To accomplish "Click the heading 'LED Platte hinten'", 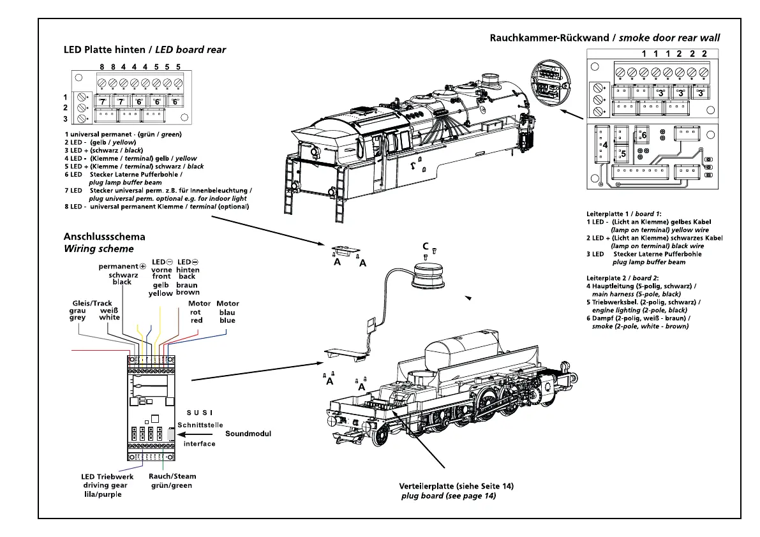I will coord(108,50).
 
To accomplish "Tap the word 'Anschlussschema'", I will coord(104,237).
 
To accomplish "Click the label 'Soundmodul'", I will coord(248,434).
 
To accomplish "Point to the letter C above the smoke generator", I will coord(425,246).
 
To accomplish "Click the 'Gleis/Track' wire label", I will coord(93,303).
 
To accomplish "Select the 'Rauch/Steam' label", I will coord(172,476).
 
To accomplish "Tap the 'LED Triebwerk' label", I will coord(105,476).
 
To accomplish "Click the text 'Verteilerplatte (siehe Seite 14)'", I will coord(456,486).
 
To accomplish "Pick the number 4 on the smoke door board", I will coord(604,145).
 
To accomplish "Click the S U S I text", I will coord(200,413).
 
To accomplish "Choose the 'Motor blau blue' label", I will coord(227,312).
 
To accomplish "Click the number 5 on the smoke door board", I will coord(623,154).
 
